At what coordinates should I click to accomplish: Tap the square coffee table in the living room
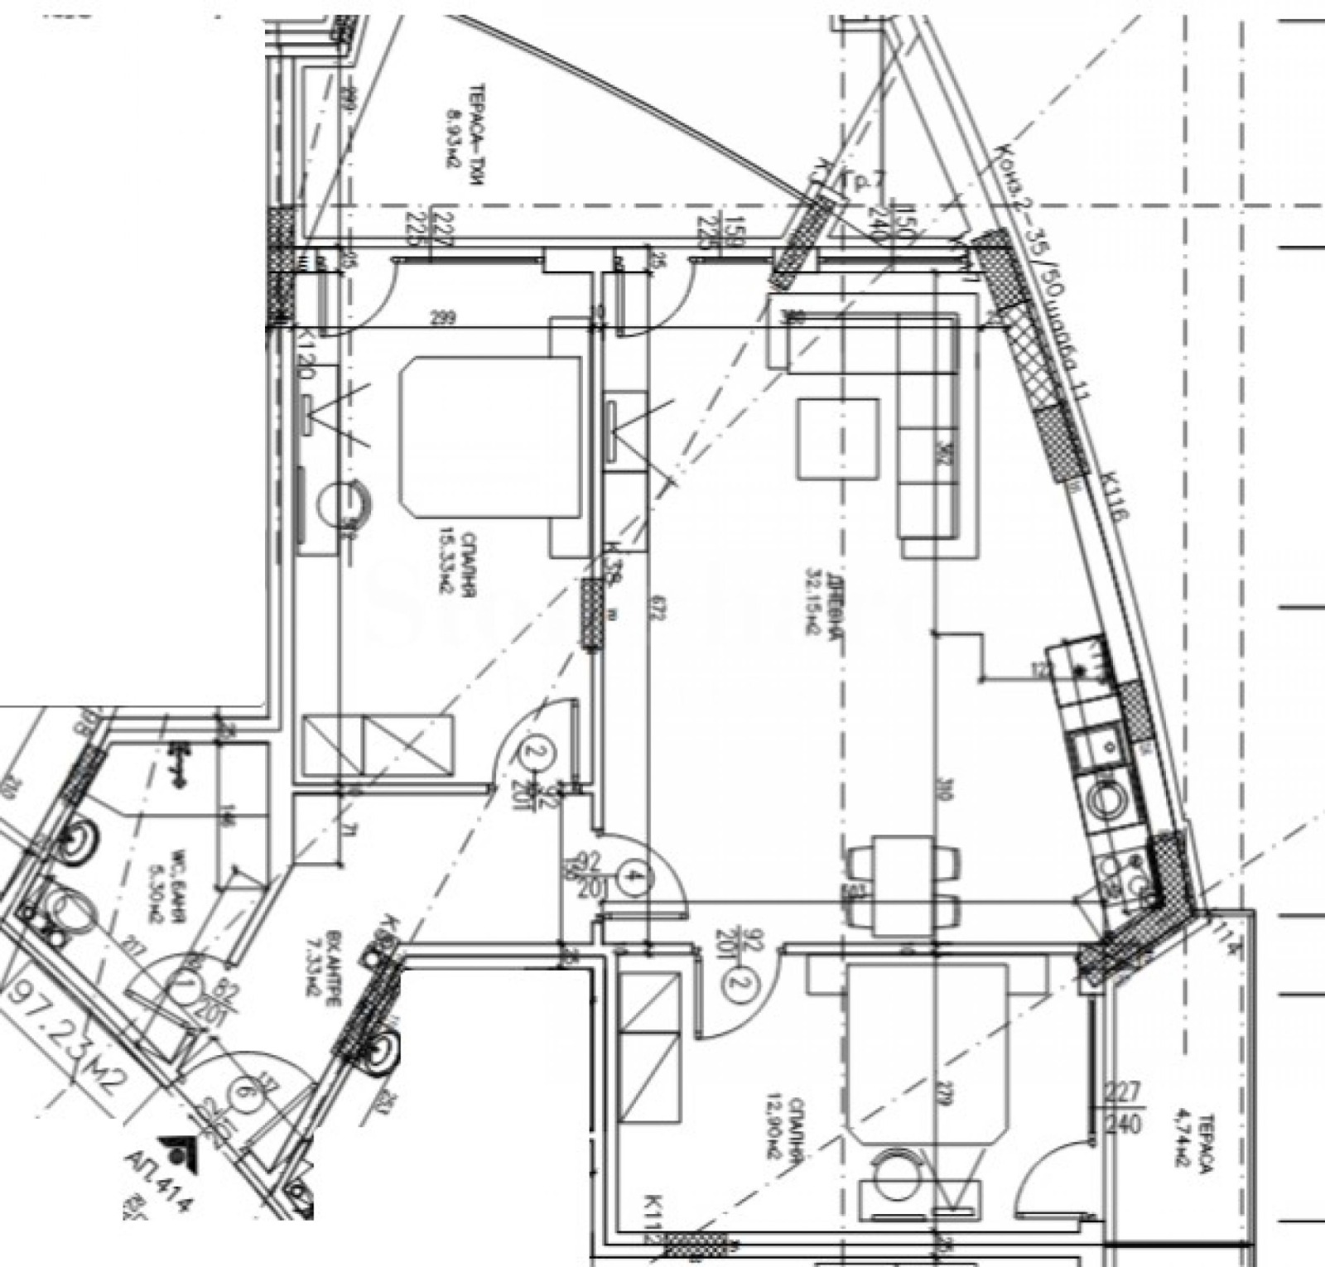(x=837, y=439)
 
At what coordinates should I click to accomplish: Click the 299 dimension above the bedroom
(x=444, y=317)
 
